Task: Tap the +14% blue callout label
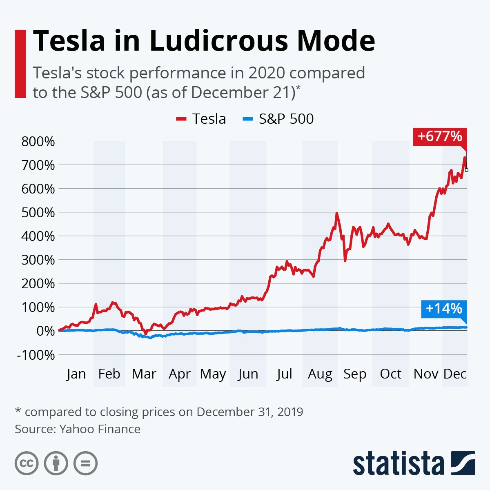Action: click(x=443, y=309)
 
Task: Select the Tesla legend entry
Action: click(x=201, y=119)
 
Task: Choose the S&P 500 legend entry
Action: click(x=278, y=119)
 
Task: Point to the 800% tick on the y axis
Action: click(x=38, y=142)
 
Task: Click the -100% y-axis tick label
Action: click(x=36, y=355)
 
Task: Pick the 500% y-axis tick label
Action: click(x=38, y=213)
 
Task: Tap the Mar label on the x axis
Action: click(x=144, y=374)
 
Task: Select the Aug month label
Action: click(x=320, y=374)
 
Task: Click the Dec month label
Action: click(x=454, y=374)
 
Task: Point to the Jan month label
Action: click(x=76, y=374)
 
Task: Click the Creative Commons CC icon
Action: click(x=27, y=463)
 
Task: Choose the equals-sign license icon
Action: click(x=85, y=463)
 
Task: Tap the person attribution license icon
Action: click(x=56, y=463)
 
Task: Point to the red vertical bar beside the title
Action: click(x=20, y=64)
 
